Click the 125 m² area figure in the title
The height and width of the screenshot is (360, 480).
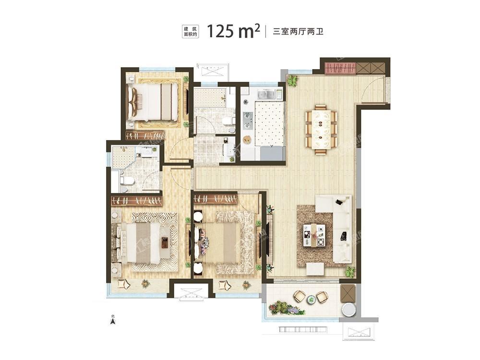(x=233, y=31)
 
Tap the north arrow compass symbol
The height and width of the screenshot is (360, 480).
(x=113, y=321)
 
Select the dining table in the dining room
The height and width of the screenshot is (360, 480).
(x=321, y=129)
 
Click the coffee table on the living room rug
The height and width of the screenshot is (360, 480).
(x=314, y=235)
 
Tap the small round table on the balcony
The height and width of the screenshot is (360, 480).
(x=311, y=299)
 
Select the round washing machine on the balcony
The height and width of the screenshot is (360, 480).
(x=348, y=310)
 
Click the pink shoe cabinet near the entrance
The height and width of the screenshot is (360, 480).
(x=340, y=68)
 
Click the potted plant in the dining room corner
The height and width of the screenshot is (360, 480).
(x=292, y=81)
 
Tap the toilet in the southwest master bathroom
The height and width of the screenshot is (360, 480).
(x=127, y=180)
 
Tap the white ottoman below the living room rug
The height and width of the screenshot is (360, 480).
(x=315, y=269)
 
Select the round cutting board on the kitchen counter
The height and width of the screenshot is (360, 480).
(x=247, y=140)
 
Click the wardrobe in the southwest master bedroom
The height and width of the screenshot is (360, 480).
(x=137, y=200)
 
